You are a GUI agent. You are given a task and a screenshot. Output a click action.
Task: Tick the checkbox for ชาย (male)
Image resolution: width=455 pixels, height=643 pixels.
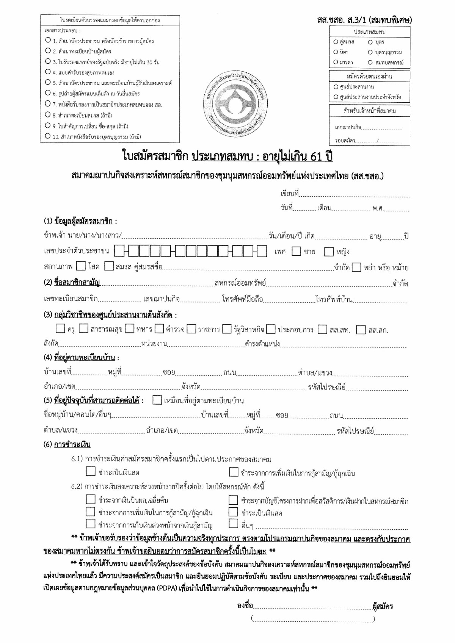[x=296, y=251]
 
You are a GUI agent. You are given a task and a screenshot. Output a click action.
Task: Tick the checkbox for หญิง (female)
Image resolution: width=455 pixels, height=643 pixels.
[x=329, y=252]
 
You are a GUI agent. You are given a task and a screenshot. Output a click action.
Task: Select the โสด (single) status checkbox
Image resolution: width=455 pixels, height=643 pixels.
[x=80, y=266]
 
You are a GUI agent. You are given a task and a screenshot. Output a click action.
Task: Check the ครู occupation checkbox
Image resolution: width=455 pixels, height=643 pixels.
[x=60, y=329]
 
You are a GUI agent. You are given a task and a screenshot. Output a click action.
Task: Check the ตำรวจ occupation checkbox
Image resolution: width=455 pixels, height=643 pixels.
[x=159, y=329]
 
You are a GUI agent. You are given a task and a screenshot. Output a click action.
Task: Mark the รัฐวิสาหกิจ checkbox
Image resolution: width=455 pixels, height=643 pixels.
[x=227, y=329]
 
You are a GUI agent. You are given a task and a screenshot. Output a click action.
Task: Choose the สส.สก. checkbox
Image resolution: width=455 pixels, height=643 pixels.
[x=361, y=329]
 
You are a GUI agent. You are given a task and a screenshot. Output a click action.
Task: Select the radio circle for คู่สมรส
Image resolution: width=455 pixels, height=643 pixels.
[x=336, y=42]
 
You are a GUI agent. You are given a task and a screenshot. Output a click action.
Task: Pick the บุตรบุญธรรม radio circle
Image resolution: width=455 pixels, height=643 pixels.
[x=370, y=52]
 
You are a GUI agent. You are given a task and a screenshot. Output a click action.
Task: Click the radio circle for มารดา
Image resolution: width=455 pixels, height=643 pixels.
[x=336, y=62]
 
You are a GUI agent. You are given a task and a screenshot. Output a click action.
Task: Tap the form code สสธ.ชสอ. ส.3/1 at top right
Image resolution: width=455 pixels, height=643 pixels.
[x=364, y=20]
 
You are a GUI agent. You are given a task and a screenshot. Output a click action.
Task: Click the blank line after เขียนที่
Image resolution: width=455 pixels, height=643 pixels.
[x=355, y=194]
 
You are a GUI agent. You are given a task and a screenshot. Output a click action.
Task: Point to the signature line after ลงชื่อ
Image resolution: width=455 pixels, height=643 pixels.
[x=312, y=606]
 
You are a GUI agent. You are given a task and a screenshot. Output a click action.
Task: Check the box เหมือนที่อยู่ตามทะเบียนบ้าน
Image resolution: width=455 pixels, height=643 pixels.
[x=157, y=400]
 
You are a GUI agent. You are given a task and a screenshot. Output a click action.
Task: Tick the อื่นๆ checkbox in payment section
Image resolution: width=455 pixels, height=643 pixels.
[x=233, y=524]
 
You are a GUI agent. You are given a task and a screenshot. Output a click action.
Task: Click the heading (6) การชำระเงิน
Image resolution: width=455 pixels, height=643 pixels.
[x=67, y=444]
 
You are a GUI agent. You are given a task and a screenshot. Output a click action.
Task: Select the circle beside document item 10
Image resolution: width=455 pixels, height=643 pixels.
[x=48, y=136]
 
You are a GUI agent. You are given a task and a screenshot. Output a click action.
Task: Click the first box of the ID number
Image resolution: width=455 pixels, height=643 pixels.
[x=119, y=251]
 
